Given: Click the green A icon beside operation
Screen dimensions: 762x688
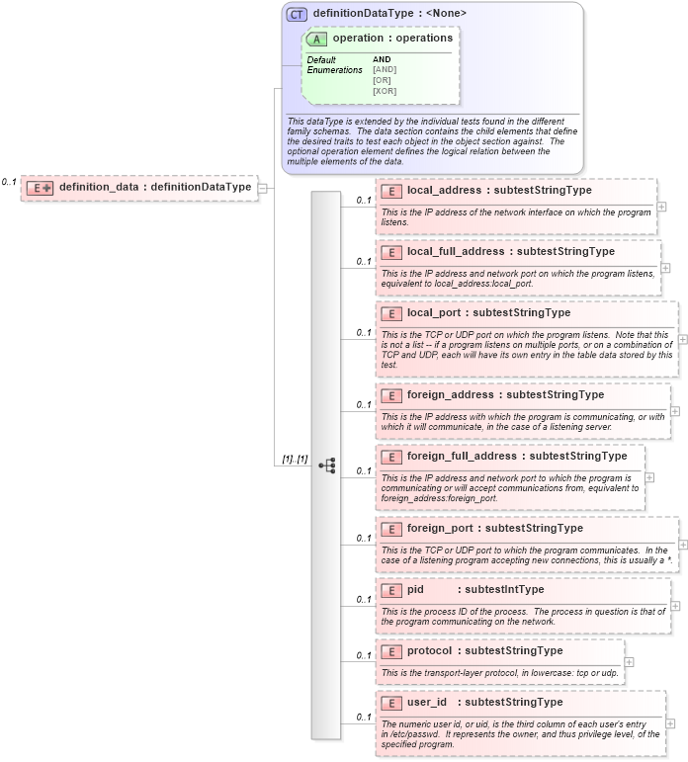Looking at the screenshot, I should coord(318,39).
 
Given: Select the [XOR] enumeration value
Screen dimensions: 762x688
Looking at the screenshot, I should coord(385,91).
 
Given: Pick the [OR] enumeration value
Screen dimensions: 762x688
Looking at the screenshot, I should coord(383,80).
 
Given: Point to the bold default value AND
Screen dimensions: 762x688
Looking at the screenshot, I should coord(382,59).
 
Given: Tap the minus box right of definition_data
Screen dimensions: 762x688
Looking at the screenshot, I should coord(262,187).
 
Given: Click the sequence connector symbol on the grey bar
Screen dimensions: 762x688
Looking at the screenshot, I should coord(327,465).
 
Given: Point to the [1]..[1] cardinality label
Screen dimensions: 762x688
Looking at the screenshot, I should coord(295,460).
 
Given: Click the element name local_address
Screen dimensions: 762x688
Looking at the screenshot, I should coord(443,191).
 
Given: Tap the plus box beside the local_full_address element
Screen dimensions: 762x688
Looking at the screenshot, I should coord(665,267).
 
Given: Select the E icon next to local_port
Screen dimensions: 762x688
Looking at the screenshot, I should coord(391,313).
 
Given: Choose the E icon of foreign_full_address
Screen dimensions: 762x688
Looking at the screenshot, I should coord(391,457).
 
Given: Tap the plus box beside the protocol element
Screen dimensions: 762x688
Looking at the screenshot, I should coord(630,662).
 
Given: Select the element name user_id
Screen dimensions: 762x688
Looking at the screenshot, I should coord(427,703).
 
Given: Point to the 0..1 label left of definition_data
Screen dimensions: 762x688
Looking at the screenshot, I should coord(9,182).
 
